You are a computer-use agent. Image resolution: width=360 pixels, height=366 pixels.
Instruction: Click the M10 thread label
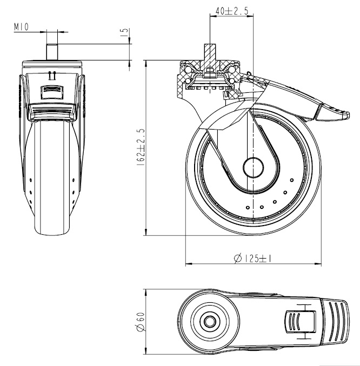(x=21, y=25)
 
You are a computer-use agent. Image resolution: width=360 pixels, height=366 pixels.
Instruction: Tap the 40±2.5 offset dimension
(x=231, y=10)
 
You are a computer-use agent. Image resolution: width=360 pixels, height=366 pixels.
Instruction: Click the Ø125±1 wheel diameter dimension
(x=252, y=259)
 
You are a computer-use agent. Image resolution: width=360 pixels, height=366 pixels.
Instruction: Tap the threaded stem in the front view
(x=52, y=51)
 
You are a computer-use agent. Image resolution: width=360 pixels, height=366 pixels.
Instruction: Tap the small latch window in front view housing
(x=52, y=90)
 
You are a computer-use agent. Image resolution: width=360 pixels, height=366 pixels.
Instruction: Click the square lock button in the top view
(x=299, y=322)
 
